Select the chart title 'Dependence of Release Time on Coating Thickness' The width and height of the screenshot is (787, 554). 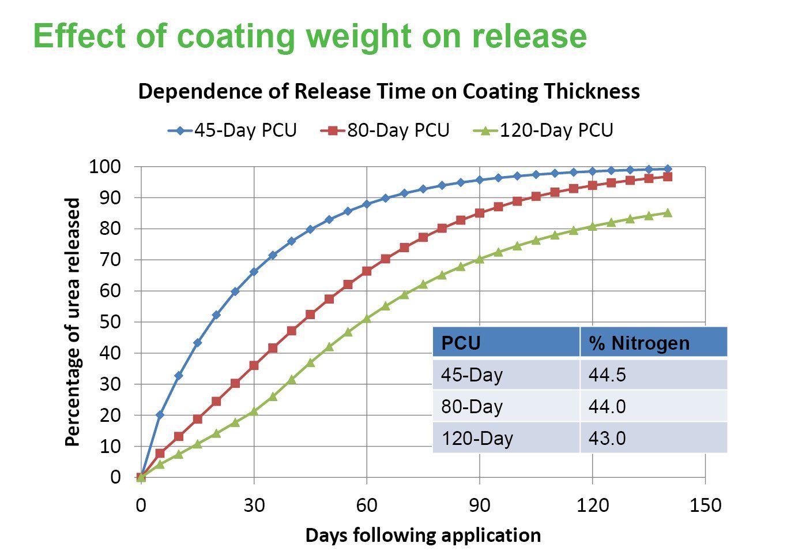[389, 91]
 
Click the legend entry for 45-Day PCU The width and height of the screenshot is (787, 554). [233, 130]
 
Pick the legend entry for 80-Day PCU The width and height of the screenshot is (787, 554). [386, 130]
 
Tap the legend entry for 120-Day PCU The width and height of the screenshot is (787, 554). [544, 130]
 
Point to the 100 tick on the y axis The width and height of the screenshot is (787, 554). [104, 167]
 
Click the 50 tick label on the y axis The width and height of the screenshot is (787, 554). [110, 322]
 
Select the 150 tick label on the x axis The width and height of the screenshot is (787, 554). [705, 506]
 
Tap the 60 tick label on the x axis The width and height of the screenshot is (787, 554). [367, 506]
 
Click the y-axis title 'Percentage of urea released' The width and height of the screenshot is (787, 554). [72, 322]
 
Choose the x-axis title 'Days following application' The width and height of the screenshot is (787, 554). [423, 535]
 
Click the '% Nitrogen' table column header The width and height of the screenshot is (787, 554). [639, 343]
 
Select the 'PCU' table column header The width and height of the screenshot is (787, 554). [461, 343]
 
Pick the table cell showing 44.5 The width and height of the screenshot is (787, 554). [607, 375]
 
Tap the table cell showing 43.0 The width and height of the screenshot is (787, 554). [607, 439]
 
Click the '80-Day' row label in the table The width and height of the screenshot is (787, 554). [472, 407]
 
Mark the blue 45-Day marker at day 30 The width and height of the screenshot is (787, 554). [254, 271]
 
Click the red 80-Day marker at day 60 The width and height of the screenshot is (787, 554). [367, 271]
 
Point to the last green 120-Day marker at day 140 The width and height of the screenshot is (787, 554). [667, 213]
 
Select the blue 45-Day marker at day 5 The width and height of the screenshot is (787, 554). [160, 415]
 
